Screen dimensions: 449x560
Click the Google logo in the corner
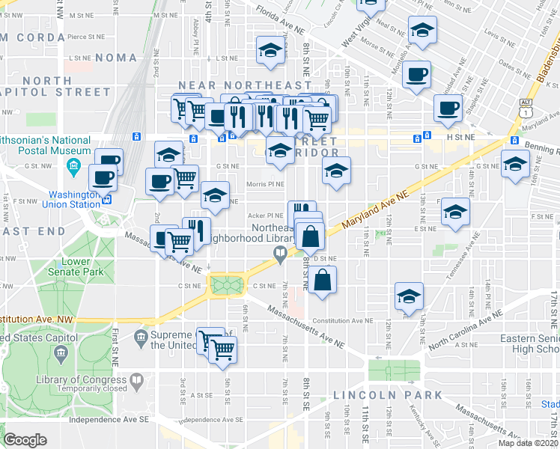[25, 440]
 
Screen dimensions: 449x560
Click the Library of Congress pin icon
[136, 380]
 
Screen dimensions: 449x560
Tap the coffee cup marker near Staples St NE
[448, 108]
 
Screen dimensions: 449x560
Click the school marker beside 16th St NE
[515, 164]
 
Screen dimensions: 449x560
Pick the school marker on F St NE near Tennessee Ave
[455, 212]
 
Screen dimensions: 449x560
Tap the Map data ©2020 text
[527, 443]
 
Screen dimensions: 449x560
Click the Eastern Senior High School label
[533, 343]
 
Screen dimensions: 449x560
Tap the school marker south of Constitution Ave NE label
[409, 297]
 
